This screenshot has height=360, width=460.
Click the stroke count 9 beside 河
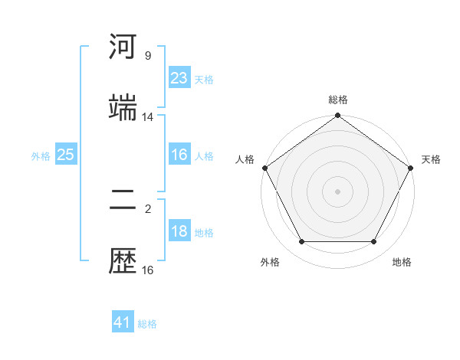coord(148,56)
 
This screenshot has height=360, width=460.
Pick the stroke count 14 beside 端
coord(148,117)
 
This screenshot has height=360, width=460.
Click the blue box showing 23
coord(179,78)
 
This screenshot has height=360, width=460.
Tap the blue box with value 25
coord(66,155)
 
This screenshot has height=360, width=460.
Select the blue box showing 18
coord(179,231)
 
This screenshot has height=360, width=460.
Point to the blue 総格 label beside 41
coord(147,324)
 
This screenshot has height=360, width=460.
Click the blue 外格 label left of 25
coord(41,156)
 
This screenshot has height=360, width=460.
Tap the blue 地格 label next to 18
coord(204,233)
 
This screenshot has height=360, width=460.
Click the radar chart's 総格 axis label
coord(338,100)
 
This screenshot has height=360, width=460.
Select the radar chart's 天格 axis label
coord(432,159)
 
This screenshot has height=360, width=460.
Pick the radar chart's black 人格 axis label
coord(245,159)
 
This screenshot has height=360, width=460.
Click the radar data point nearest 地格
coord(374,242)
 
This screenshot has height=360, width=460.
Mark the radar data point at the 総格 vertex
coord(338,116)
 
